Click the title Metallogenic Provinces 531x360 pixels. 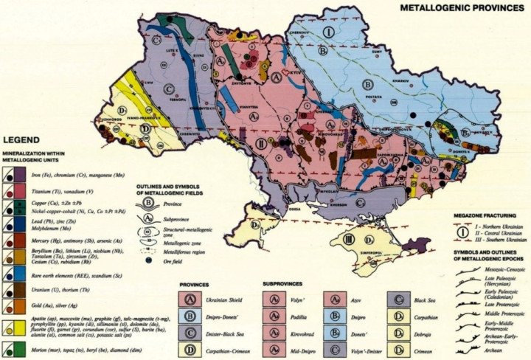462,8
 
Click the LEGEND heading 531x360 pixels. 22,138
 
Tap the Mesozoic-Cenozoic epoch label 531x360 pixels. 502,270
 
